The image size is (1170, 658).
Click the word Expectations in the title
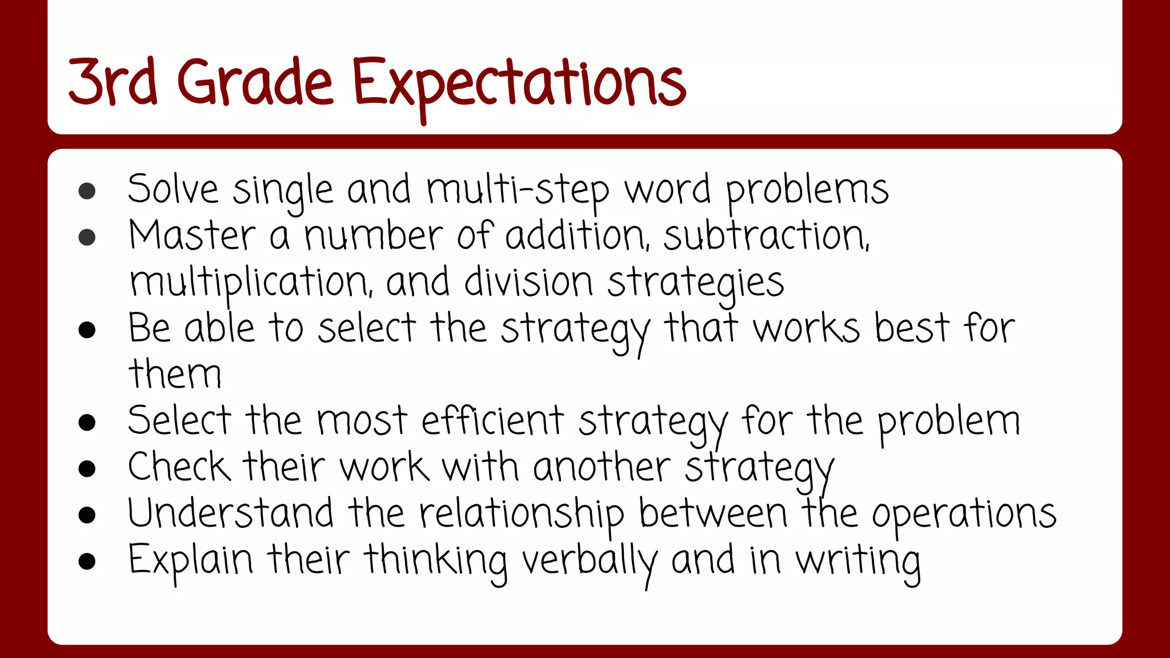[x=519, y=84]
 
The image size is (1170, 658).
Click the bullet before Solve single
[x=87, y=191]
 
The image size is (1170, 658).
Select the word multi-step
[x=518, y=190]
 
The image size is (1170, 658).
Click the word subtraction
[x=766, y=236]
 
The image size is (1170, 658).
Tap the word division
[x=528, y=282]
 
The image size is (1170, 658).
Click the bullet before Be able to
[x=87, y=330]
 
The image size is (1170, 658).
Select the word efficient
[x=492, y=422]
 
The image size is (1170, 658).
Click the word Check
[x=179, y=467]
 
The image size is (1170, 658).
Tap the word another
[x=602, y=468]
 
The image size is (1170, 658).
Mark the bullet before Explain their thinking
[x=87, y=561]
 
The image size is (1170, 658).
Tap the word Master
[x=192, y=236]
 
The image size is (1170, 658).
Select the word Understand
[x=230, y=513]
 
